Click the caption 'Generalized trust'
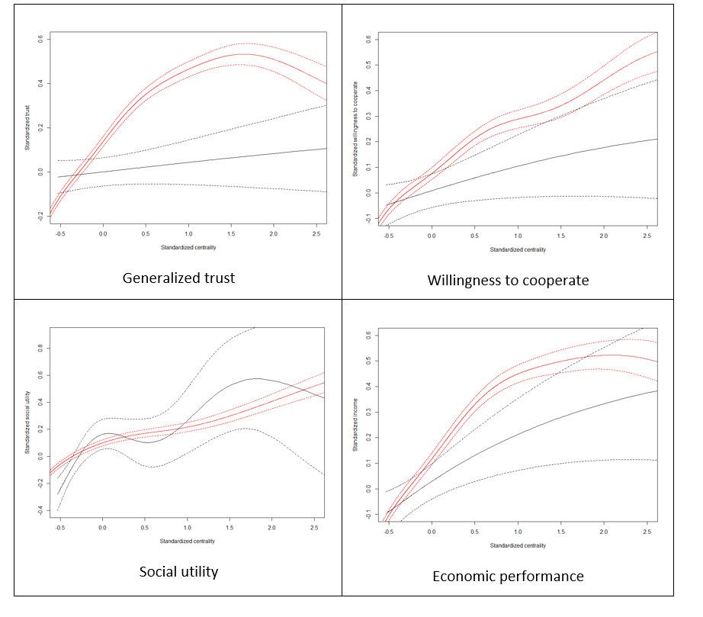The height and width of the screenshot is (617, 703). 178,278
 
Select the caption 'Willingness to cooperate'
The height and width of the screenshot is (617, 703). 508,280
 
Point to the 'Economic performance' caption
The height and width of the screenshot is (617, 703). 509,576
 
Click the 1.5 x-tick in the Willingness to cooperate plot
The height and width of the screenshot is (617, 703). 560,237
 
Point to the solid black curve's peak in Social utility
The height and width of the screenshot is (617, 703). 257,378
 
